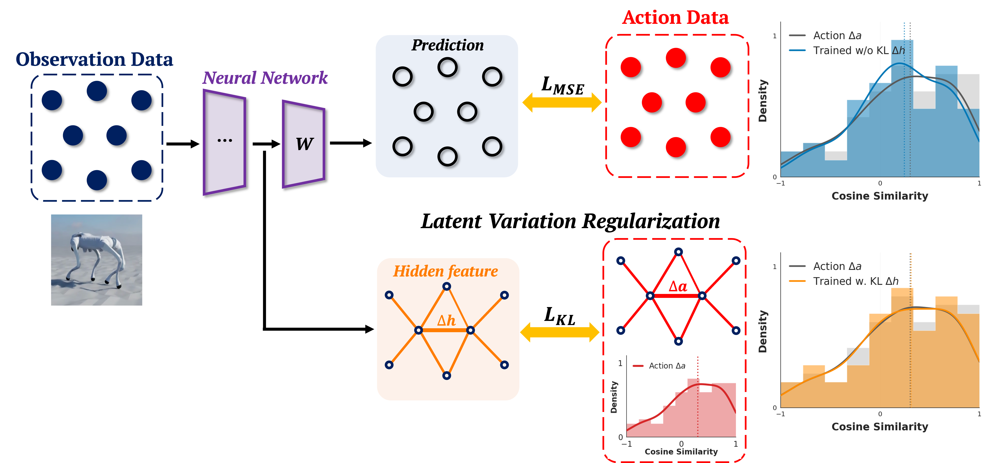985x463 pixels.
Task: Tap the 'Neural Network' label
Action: tap(265, 78)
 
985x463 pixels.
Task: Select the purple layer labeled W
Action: tap(304, 144)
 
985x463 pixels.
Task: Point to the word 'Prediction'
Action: tap(447, 45)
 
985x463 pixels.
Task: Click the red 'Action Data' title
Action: tap(675, 18)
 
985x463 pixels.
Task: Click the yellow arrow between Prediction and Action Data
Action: tap(562, 103)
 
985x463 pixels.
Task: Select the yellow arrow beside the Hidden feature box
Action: tap(559, 332)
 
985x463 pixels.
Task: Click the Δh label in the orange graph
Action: tap(446, 320)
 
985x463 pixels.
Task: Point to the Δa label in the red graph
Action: tap(678, 286)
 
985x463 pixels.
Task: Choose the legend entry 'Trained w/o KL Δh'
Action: tap(858, 50)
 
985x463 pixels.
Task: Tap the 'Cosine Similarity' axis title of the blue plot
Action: tap(879, 196)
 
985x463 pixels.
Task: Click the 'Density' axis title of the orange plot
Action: tap(763, 331)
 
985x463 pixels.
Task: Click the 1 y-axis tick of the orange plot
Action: tap(775, 267)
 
